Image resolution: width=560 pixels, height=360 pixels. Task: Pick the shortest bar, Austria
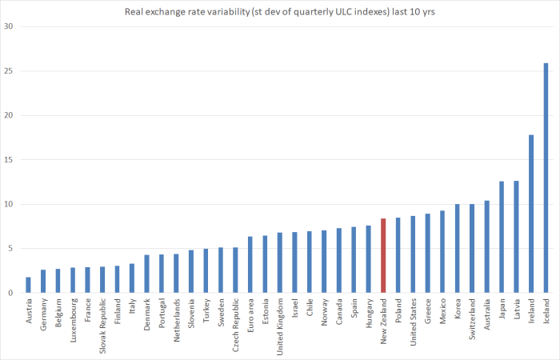pos(28,285)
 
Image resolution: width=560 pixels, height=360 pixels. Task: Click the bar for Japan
pos(502,237)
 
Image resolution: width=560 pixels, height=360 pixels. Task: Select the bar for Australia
pos(486,246)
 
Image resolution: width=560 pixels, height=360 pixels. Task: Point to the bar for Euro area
pos(250,265)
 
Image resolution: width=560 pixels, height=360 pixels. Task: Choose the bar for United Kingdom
pos(279,262)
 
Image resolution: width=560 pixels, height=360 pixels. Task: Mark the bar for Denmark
pos(146,274)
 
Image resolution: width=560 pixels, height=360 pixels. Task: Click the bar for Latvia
pos(516,237)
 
